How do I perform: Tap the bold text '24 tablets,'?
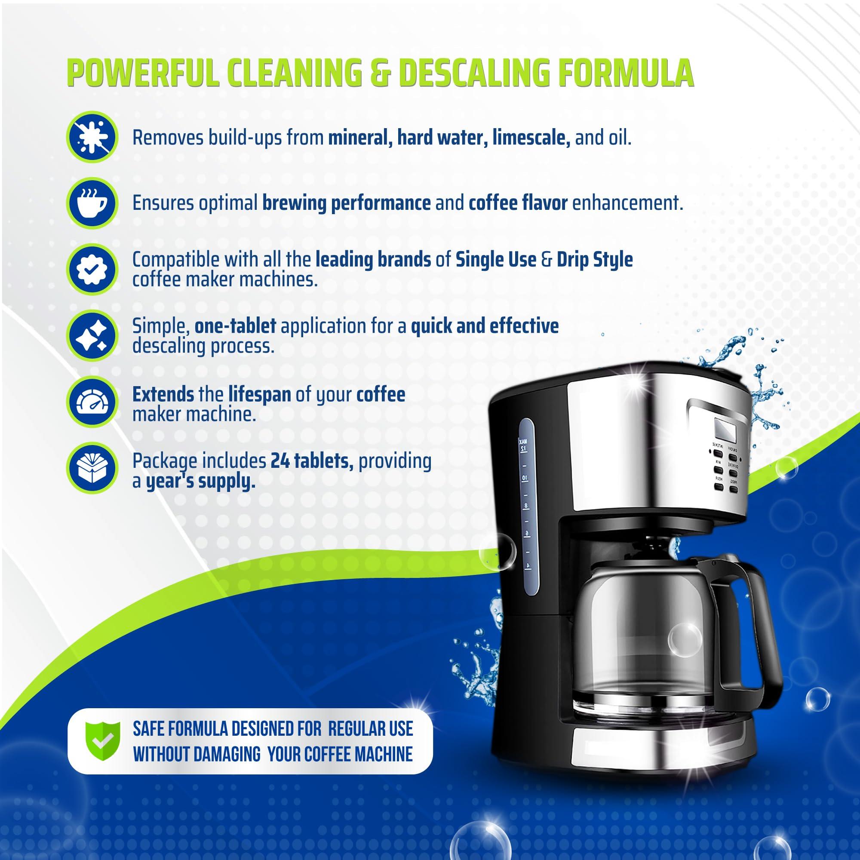point(312,461)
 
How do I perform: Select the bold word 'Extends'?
point(163,394)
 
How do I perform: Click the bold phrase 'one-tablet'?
point(235,326)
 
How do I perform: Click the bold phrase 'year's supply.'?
point(201,482)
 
